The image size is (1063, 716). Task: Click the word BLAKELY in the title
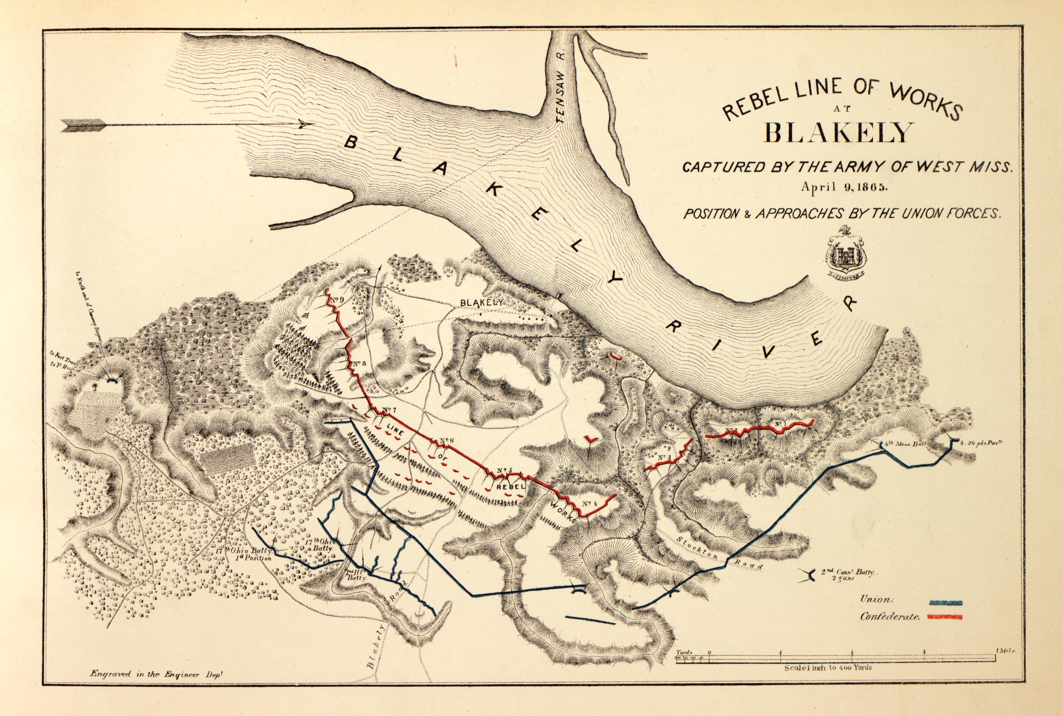click(x=836, y=133)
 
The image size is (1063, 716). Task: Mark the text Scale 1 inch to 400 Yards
click(x=828, y=667)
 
